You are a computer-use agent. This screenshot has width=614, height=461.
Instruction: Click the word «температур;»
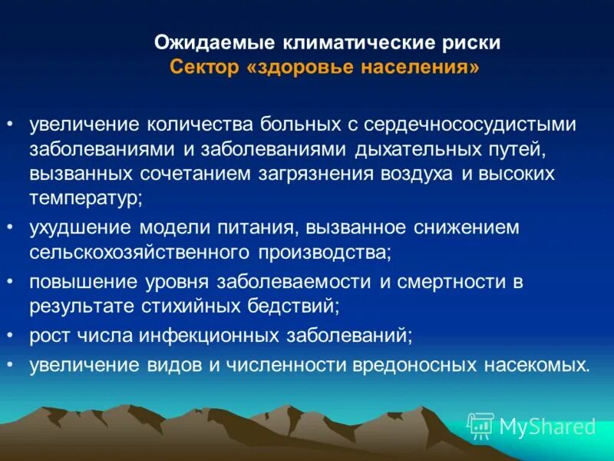(x=86, y=197)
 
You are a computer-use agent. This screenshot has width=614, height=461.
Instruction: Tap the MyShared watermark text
(x=547, y=425)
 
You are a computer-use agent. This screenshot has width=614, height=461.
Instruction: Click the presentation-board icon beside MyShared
(x=480, y=425)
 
